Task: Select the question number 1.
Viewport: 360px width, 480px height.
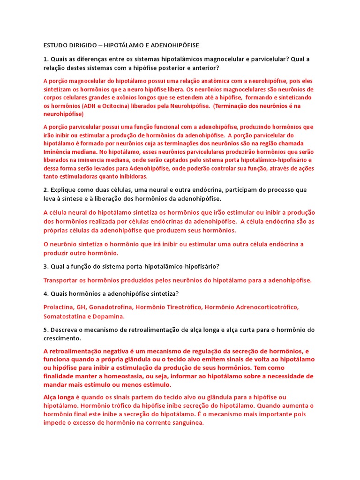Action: (45, 60)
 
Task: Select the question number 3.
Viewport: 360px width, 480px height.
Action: (45, 266)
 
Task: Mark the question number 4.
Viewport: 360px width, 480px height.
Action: (45, 293)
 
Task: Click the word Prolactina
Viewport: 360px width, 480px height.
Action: (58, 307)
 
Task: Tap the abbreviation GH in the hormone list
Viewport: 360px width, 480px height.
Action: (82, 307)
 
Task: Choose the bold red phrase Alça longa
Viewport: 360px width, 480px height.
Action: (59, 397)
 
